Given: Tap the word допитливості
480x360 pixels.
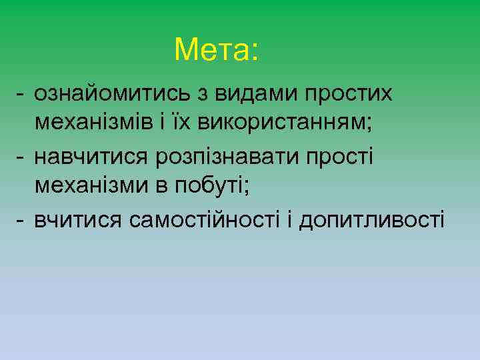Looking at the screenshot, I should [372, 219].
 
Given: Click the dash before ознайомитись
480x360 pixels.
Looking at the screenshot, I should [21, 95].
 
